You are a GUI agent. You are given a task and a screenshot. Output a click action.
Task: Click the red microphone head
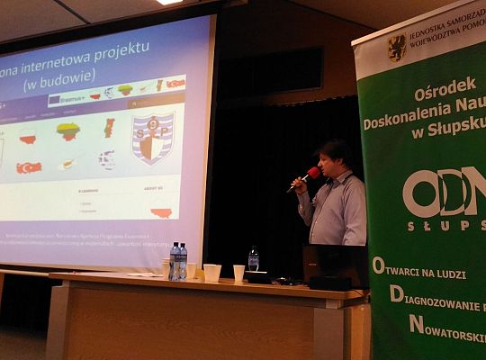coord(312,173)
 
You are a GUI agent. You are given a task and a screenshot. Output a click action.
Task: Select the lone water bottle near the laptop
coord(253,260)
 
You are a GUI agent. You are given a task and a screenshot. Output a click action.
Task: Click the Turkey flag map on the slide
coord(30,167)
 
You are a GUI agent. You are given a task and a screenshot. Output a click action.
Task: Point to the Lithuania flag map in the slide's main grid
coord(68,131)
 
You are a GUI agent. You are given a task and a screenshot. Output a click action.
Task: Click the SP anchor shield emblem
coord(153,138)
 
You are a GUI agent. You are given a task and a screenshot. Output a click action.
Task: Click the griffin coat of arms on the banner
coord(396,48)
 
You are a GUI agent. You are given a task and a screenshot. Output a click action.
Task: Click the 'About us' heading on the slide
coord(154,189)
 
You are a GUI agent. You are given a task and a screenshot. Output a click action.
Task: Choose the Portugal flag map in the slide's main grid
coord(110,127)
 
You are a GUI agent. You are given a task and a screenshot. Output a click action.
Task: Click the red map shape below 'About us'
coord(161,211)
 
